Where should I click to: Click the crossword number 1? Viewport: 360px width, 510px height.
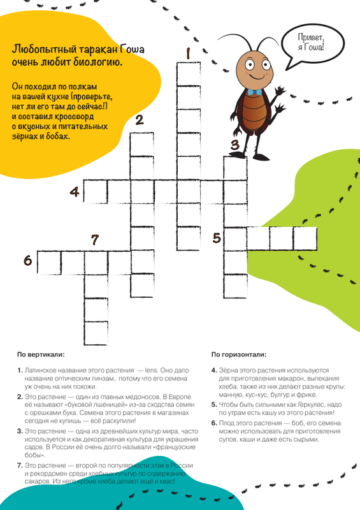coord(188,54)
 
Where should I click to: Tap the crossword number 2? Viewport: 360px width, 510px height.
coord(140,120)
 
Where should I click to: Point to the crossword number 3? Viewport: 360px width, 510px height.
coord(235,145)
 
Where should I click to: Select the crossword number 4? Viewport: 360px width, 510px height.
coord(75,192)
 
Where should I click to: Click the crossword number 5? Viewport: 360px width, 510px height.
coord(217,238)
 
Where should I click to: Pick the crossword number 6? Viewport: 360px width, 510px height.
coord(28,261)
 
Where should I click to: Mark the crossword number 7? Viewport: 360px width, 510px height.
coord(95,240)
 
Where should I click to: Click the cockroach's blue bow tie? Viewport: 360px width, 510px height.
coord(254,92)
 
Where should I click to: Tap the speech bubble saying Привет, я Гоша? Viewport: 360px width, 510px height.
coord(312,44)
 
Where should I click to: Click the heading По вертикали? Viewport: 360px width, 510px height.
coord(41,354)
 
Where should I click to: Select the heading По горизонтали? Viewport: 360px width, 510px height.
coord(239,354)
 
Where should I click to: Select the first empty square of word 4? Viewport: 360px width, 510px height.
coord(96,192)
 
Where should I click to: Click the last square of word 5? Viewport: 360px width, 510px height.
coord(305,238)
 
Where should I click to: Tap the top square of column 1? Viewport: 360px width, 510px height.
coord(189,74)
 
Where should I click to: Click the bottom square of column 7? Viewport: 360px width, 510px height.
coord(96,333)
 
